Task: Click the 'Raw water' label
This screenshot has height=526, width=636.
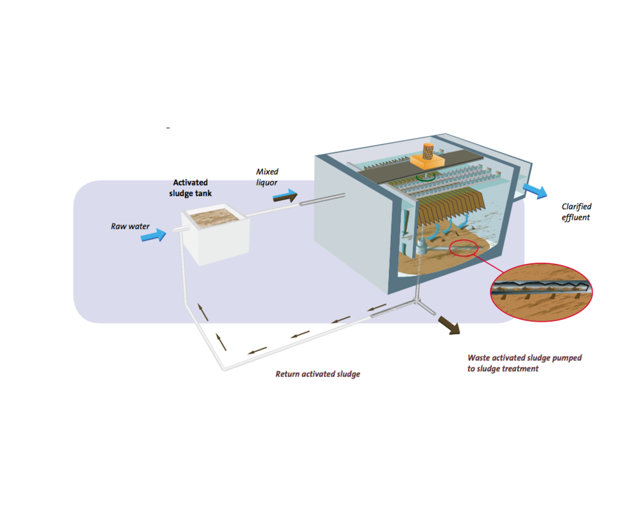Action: pyautogui.click(x=130, y=226)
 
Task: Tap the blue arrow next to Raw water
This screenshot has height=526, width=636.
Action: pyautogui.click(x=154, y=235)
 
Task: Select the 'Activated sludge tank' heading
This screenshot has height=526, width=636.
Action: pyautogui.click(x=190, y=188)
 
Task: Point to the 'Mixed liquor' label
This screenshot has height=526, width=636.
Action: pyautogui.click(x=268, y=177)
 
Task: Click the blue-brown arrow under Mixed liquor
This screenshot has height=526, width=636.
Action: pyautogui.click(x=285, y=197)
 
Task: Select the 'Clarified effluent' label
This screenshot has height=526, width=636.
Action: pyautogui.click(x=576, y=212)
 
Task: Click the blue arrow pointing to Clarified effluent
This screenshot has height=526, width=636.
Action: pyautogui.click(x=535, y=190)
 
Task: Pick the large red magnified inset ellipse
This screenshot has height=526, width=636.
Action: pyautogui.click(x=541, y=292)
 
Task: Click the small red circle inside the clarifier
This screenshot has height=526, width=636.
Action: pyautogui.click(x=466, y=247)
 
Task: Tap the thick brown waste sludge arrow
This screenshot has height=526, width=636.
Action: pyautogui.click(x=449, y=325)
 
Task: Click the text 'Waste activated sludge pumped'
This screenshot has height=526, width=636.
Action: pyautogui.click(x=524, y=358)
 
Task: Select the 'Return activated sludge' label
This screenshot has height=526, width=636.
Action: pyautogui.click(x=317, y=374)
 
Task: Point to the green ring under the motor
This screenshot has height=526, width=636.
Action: pyautogui.click(x=428, y=176)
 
